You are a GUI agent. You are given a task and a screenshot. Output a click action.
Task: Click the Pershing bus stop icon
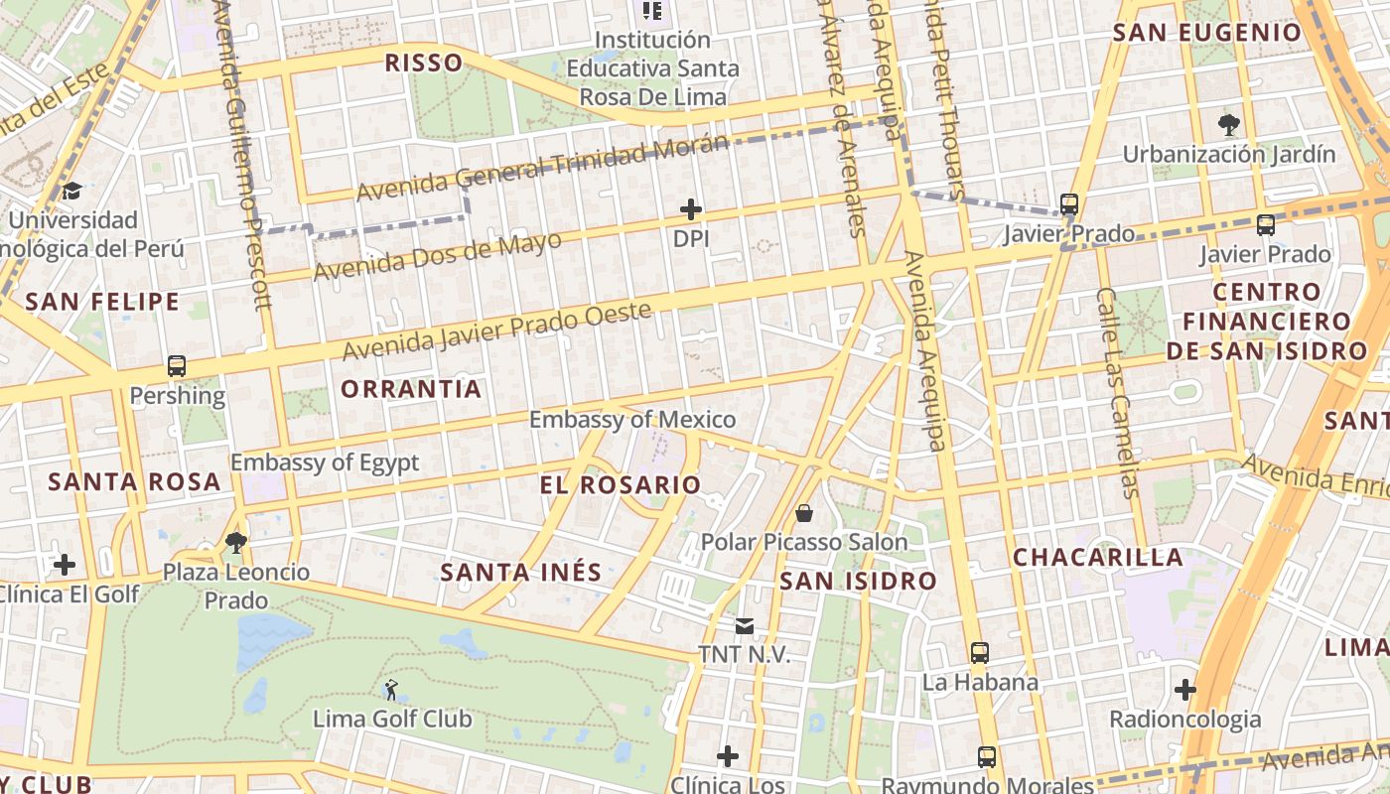tap(177, 366)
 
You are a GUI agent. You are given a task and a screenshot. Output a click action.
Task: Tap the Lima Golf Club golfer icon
tap(391, 689)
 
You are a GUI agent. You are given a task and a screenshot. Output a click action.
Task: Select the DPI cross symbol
tap(691, 209)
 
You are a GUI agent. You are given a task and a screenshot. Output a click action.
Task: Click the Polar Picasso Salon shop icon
tap(804, 513)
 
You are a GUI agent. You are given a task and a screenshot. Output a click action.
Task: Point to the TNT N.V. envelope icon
tap(744, 626)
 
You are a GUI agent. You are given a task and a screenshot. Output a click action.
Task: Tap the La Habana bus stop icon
tap(980, 653)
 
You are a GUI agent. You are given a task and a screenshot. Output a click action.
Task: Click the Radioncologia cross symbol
tap(1184, 690)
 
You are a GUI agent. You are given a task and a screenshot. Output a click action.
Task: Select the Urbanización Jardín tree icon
tap(1229, 125)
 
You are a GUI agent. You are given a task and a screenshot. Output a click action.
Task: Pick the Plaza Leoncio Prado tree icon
tap(236, 542)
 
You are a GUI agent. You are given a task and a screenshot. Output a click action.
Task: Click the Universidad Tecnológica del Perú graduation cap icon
tap(71, 191)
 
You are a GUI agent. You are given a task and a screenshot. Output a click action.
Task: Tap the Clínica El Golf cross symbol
tap(65, 566)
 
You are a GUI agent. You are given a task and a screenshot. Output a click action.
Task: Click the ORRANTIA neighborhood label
tap(411, 389)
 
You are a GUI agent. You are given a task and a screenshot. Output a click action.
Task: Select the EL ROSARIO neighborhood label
tap(621, 485)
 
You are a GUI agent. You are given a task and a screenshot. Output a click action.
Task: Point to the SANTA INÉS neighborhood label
tap(521, 573)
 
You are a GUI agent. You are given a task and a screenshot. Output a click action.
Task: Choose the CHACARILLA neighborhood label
tap(1098, 558)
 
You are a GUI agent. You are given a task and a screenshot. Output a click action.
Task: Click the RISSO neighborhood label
tap(424, 64)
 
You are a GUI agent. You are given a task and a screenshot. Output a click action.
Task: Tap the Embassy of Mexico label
tap(632, 420)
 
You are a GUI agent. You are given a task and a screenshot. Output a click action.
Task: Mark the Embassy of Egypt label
tap(325, 463)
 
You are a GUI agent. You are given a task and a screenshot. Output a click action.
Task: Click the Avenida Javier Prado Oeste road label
tap(497, 331)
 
